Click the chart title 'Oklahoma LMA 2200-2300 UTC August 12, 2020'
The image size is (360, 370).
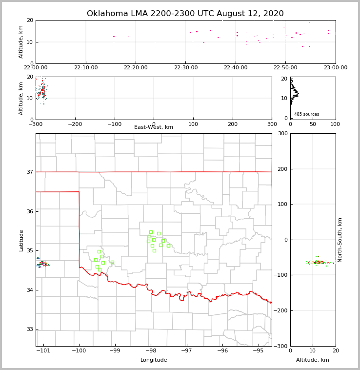coord(185,14)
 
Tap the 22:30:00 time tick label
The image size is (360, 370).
coord(185,68)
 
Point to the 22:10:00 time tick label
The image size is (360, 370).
coord(86,68)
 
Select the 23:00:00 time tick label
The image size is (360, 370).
coord(336,68)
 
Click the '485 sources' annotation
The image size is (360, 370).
coord(306,114)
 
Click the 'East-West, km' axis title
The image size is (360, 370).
coord(154,127)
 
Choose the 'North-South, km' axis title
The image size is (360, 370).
coord(340,240)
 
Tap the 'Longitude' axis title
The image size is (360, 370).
coord(154,360)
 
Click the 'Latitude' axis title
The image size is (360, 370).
coord(21,240)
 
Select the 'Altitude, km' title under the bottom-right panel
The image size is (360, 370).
coord(313,360)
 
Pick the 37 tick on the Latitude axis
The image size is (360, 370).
coord(29,172)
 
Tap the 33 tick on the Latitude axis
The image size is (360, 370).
coord(29,329)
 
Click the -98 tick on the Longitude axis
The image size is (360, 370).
coord(151,351)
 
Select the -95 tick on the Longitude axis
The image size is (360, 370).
coord(258,351)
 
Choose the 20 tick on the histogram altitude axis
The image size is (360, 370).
coord(285,79)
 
